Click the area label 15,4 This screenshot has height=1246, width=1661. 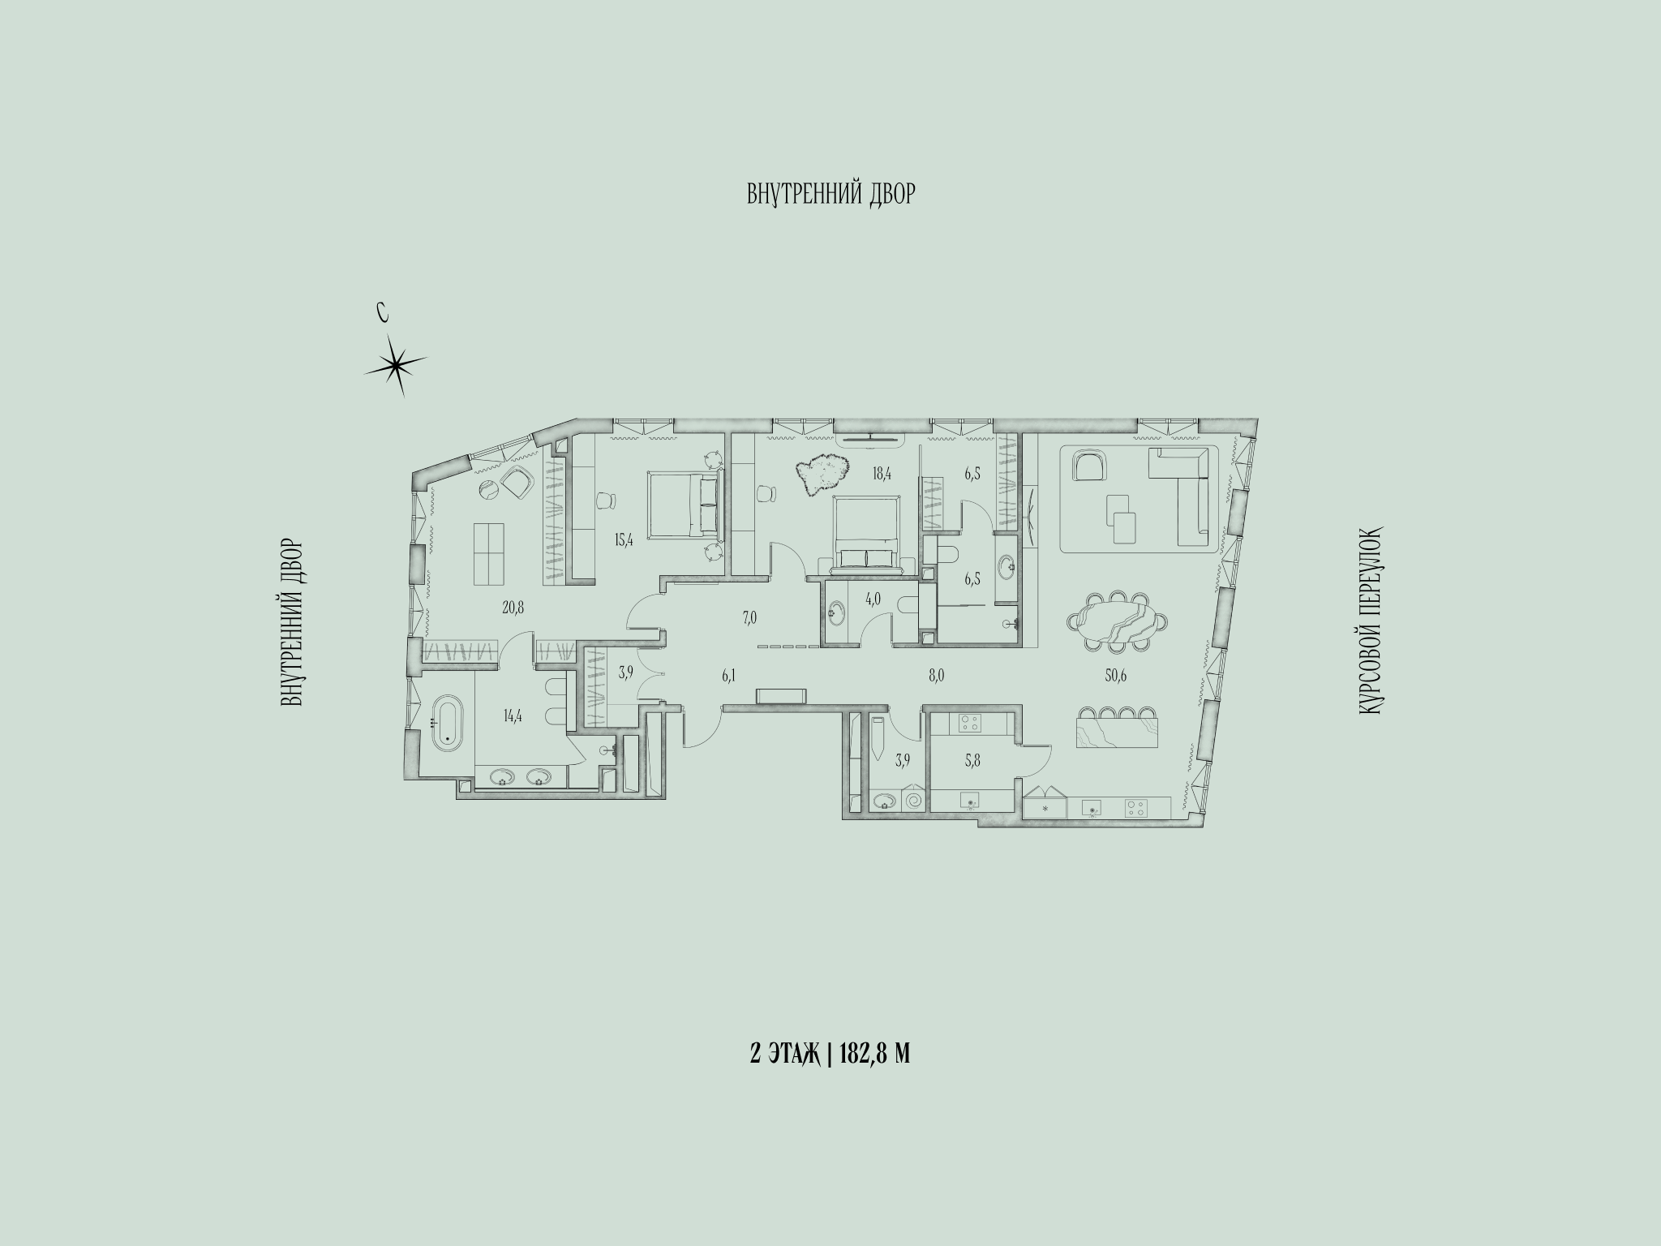[623, 540]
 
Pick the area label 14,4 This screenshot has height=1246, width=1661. [513, 716]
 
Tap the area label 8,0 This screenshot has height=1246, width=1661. [937, 674]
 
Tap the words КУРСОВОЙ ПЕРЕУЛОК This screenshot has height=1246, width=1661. [1369, 621]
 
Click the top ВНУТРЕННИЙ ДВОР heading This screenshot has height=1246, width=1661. [830, 195]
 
